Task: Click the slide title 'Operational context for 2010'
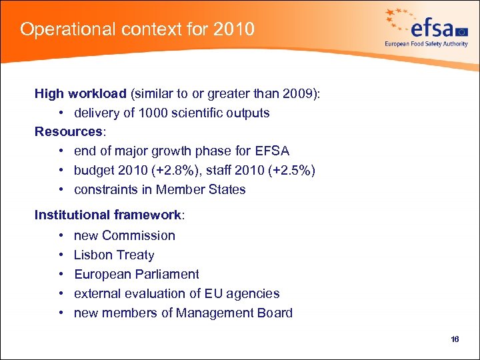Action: (x=137, y=29)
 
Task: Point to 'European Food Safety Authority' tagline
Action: (x=426, y=44)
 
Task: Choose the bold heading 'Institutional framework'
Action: (x=107, y=215)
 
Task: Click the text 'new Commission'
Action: (x=125, y=235)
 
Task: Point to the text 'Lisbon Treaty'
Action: (x=114, y=255)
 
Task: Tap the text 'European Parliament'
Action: (x=136, y=274)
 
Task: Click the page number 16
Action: (x=455, y=339)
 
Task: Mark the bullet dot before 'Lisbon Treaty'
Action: (x=61, y=255)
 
